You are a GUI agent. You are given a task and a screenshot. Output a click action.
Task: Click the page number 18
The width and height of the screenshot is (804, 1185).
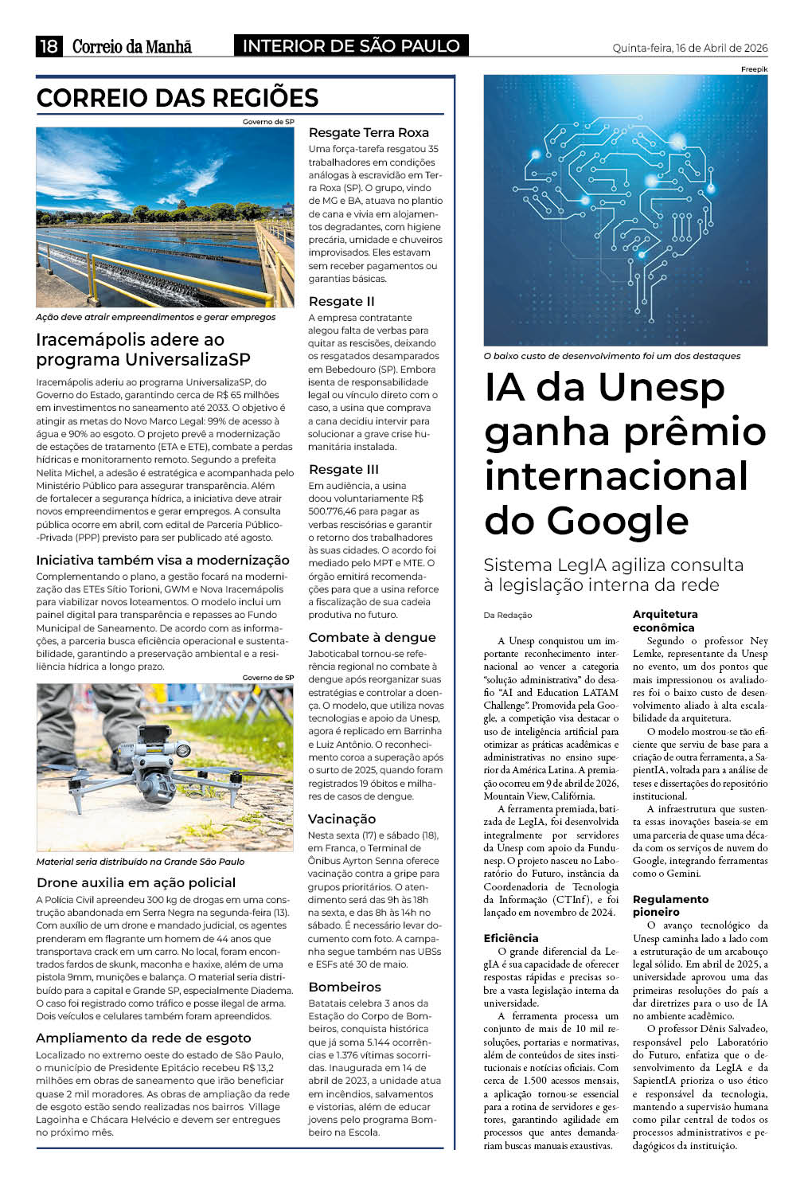pyautogui.click(x=49, y=46)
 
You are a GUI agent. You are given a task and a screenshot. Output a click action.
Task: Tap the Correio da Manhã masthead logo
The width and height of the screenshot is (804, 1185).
pyautogui.click(x=132, y=47)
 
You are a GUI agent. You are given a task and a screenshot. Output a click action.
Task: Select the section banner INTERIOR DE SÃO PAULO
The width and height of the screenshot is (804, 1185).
pyautogui.click(x=351, y=46)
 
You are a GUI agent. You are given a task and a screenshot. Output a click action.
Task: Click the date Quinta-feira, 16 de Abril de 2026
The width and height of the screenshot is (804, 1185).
pyautogui.click(x=689, y=48)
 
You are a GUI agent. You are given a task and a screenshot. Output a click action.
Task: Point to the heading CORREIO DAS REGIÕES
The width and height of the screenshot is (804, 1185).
pyautogui.click(x=178, y=98)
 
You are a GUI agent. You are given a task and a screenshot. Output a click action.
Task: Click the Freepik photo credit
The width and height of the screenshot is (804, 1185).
pyautogui.click(x=754, y=69)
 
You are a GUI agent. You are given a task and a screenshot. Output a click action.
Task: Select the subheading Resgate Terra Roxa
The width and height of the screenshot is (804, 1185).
pyautogui.click(x=369, y=133)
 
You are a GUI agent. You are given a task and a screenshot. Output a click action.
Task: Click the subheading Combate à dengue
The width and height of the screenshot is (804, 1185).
pyautogui.click(x=372, y=637)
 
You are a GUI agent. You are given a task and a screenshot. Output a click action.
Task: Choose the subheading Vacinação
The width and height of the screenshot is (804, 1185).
pyautogui.click(x=342, y=819)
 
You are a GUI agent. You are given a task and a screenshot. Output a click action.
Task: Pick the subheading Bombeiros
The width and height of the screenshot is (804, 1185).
pyautogui.click(x=345, y=987)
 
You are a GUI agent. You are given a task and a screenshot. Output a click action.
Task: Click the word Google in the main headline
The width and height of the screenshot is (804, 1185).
pyautogui.click(x=586, y=521)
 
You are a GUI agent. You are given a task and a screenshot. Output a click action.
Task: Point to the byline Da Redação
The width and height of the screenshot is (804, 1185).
pyautogui.click(x=507, y=615)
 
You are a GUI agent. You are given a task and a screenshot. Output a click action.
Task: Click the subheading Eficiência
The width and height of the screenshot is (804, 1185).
pyautogui.click(x=511, y=938)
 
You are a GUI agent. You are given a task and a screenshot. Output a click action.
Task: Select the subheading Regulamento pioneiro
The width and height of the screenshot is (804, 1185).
pyautogui.click(x=670, y=905)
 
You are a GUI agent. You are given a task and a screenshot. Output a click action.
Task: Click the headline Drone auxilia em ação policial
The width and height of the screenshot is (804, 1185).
pyautogui.click(x=136, y=882)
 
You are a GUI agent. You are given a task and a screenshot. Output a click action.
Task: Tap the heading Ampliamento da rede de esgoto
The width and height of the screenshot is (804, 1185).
pyautogui.click(x=143, y=1038)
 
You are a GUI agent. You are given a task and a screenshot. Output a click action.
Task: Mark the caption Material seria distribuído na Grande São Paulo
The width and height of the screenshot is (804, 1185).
pyautogui.click(x=140, y=862)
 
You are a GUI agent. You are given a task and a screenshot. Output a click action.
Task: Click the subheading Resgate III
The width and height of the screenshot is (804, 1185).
pyautogui.click(x=343, y=469)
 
